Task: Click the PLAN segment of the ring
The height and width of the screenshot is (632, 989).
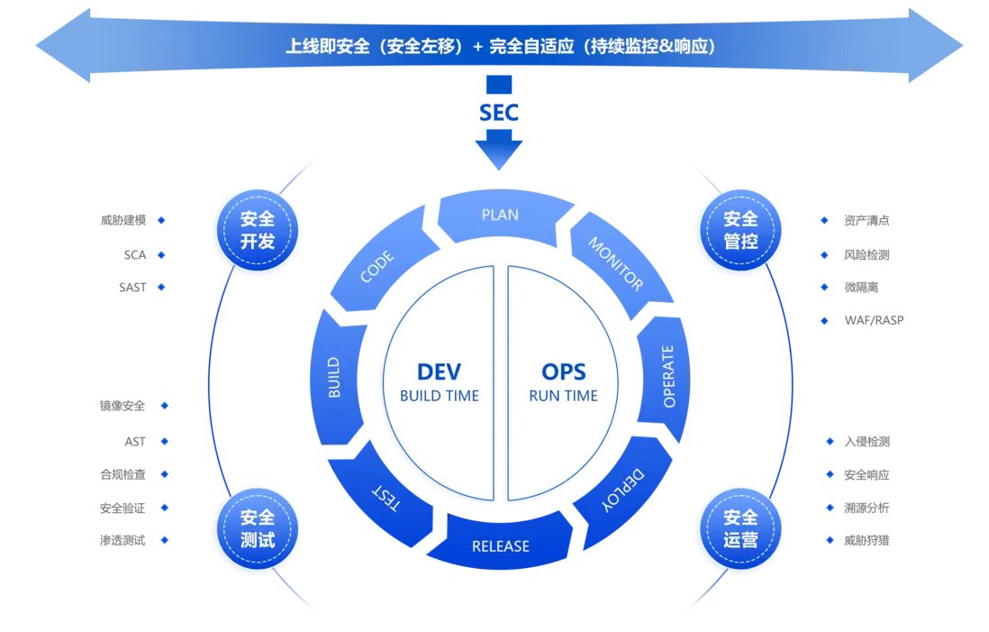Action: point(500,215)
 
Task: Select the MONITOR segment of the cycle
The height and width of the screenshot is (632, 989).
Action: point(617,263)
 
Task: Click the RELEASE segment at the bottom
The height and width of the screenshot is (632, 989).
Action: point(501,546)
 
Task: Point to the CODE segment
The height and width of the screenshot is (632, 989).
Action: point(377,267)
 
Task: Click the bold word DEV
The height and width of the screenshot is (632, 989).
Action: point(439,371)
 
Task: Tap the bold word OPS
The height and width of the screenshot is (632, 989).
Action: point(563,371)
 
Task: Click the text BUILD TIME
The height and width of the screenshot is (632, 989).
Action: point(439,396)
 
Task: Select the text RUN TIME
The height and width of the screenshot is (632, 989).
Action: point(563,396)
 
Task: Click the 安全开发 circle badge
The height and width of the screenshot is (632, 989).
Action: point(257,231)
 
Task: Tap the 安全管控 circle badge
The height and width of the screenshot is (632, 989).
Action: point(740,231)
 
